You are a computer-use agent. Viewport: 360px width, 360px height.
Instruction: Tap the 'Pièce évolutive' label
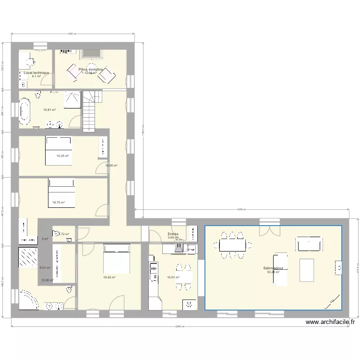(90, 69)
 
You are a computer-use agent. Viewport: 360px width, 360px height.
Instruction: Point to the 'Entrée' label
(173, 234)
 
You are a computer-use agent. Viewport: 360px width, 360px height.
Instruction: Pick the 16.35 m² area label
(62, 156)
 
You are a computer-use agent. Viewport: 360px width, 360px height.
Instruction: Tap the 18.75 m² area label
(59, 203)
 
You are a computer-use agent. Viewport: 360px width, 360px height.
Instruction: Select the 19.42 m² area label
(109, 277)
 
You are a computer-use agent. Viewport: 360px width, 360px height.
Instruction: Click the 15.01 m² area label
(173, 277)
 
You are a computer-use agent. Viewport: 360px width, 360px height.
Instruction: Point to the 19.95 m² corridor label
(111, 166)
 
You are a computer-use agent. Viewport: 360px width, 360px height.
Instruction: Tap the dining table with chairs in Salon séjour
(233, 245)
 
